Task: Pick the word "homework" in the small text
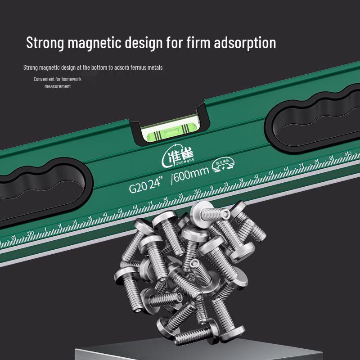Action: click(69, 79)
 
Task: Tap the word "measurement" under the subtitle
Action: click(57, 86)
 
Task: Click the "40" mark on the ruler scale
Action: click(348, 153)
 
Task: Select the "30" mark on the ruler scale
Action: click(197, 193)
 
